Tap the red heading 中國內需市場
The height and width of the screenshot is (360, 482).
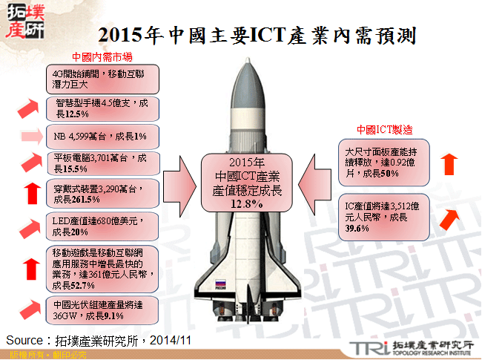[x=102, y=57]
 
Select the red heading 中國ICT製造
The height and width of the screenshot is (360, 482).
[x=384, y=129]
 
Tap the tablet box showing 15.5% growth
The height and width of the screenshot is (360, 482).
[x=102, y=163]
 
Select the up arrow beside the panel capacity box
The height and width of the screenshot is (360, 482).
[x=448, y=163]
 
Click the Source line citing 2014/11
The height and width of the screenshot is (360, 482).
[x=99, y=339]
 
